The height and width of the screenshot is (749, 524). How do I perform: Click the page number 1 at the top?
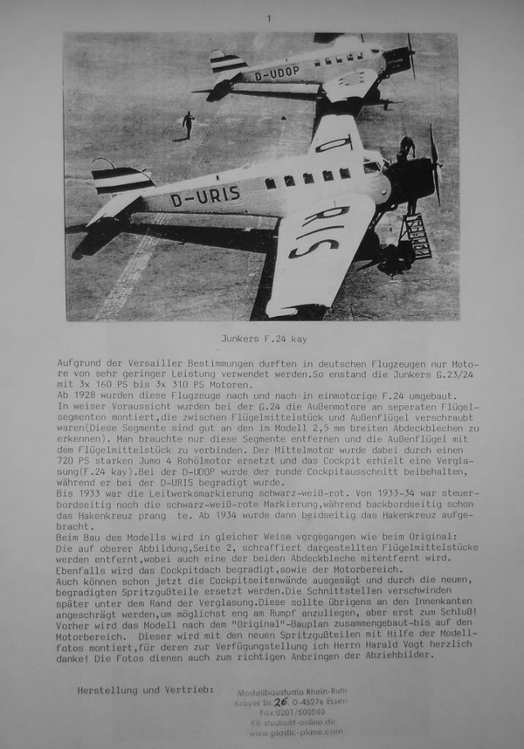click(x=267, y=17)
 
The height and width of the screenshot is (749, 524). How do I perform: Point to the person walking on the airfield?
click(x=188, y=124)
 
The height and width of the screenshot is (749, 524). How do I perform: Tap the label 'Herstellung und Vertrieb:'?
click(x=146, y=691)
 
